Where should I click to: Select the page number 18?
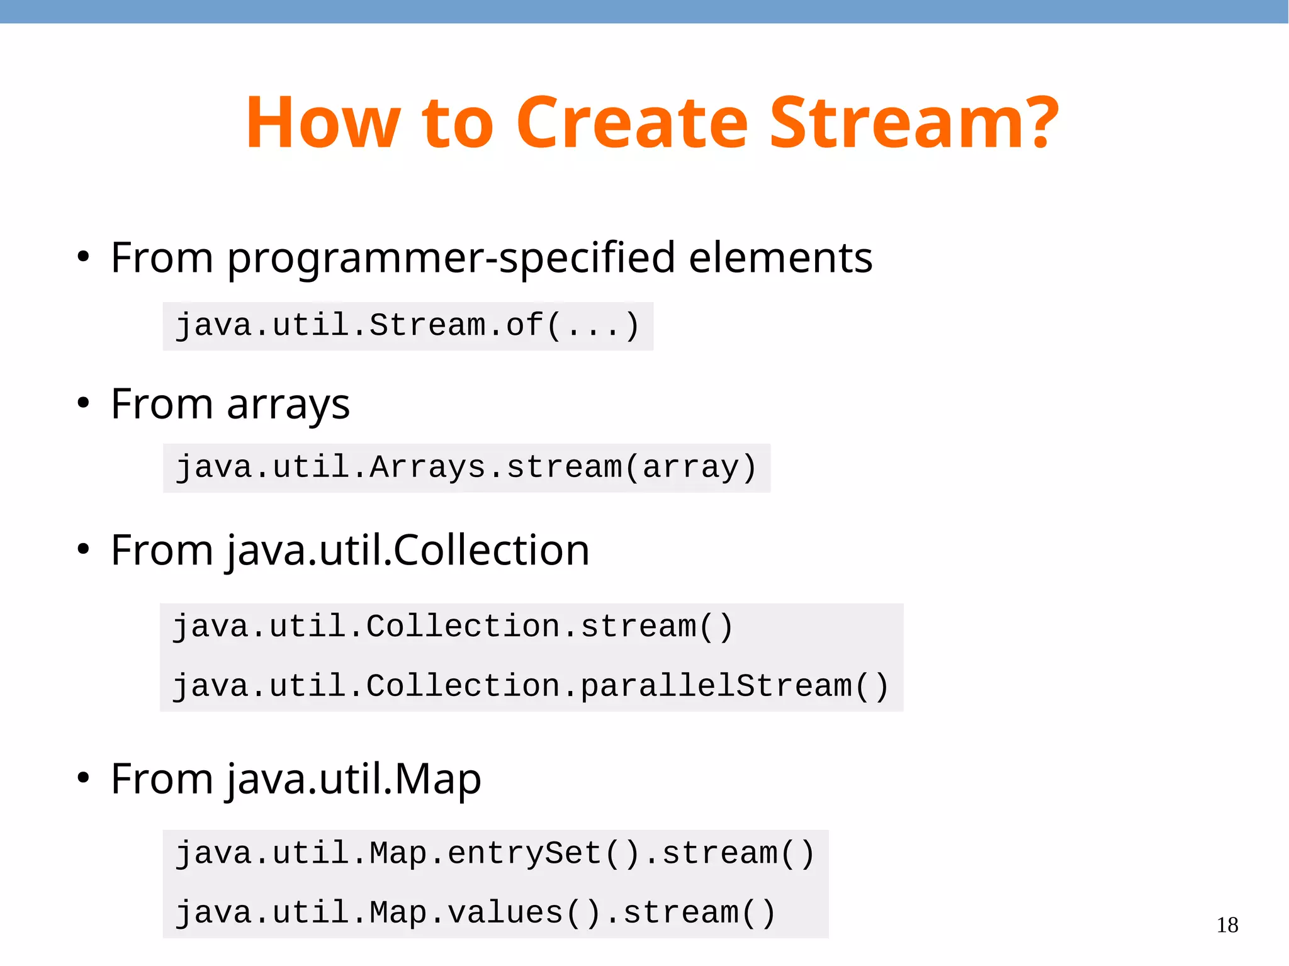1227,925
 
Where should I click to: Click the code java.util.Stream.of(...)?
408,326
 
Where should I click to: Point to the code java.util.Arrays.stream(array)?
466,468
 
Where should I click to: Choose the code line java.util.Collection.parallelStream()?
531,685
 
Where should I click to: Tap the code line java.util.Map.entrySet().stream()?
495,854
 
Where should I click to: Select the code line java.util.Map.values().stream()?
476,913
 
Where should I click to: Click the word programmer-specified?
451,258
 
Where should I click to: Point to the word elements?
780,258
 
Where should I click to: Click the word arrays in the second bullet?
288,405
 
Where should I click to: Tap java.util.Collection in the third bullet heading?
408,551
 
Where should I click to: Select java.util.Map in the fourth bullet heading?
354,779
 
